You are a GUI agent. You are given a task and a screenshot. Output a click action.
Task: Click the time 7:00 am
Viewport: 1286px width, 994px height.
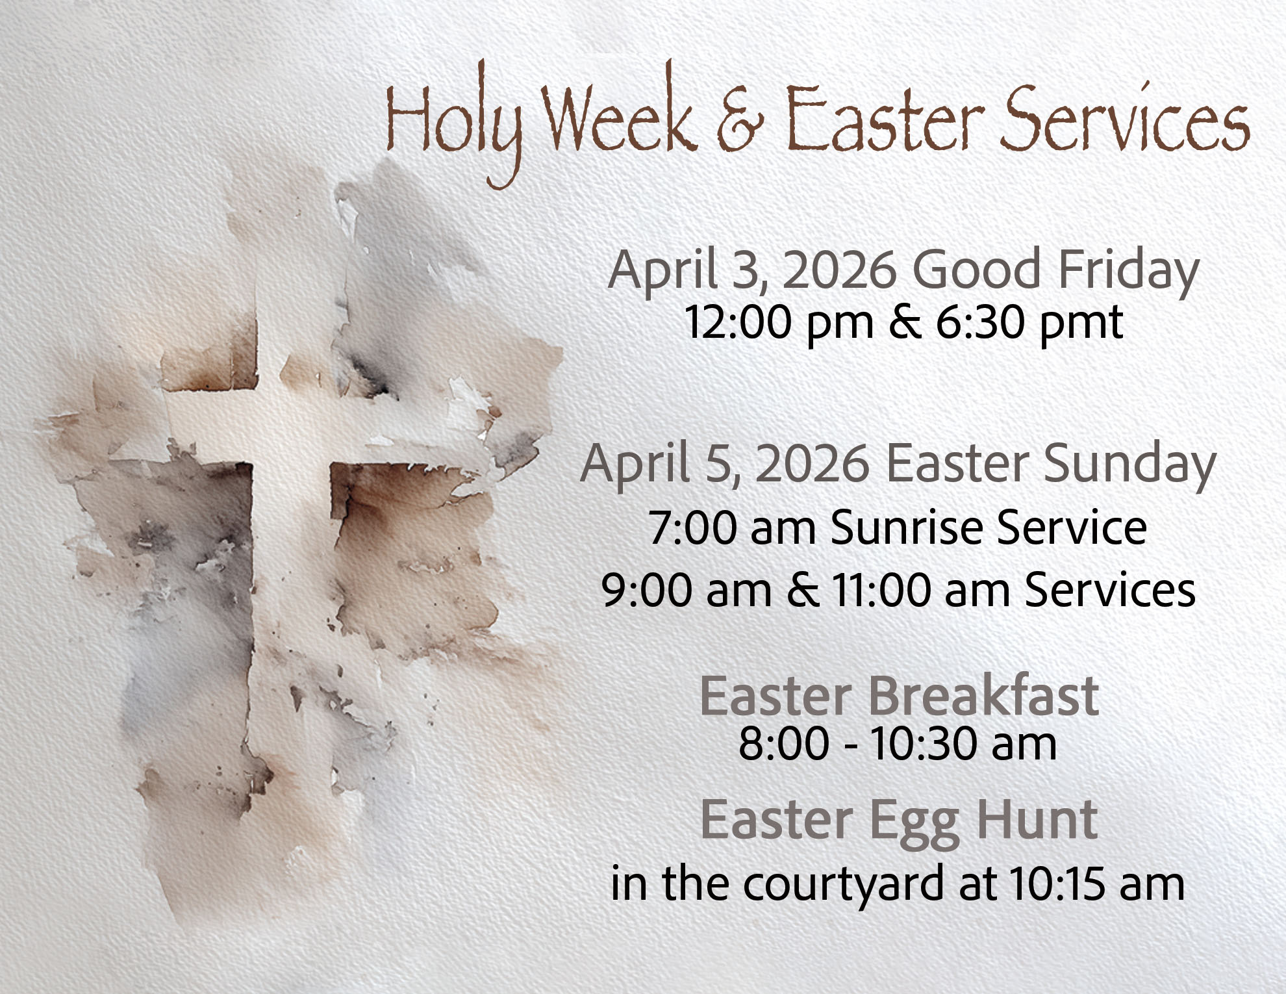click(x=732, y=528)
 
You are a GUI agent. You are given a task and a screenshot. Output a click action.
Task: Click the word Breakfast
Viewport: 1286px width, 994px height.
click(x=983, y=696)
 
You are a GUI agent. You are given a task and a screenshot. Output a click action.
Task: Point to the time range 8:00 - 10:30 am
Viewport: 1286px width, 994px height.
click(x=898, y=743)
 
